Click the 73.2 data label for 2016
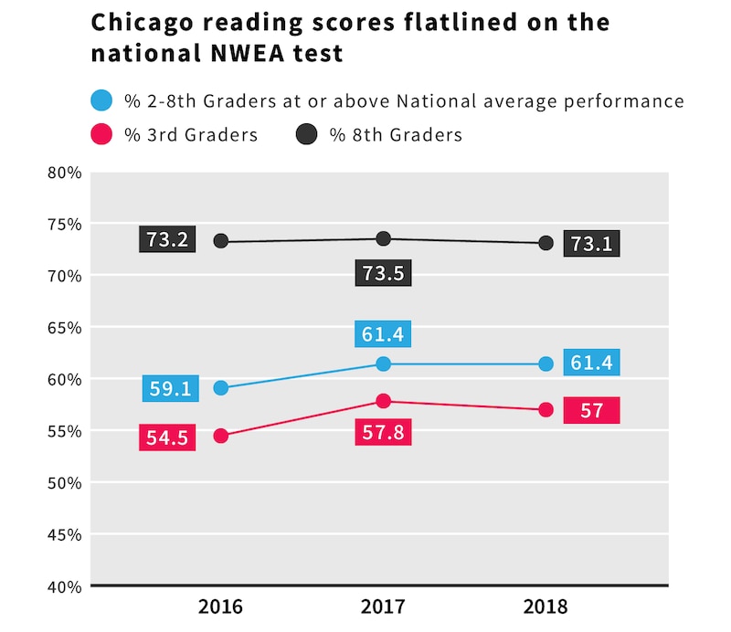point(166,240)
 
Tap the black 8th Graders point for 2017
point(384,238)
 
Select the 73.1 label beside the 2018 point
point(592,243)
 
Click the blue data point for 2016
point(221,388)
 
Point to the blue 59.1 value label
point(169,388)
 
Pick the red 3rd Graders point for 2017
point(384,401)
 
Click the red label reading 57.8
point(384,431)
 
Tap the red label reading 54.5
point(166,437)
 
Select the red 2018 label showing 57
point(592,410)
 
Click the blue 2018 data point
point(546,364)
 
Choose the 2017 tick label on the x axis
point(384,607)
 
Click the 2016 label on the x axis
point(221,607)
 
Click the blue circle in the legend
point(101,100)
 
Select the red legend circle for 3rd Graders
point(101,135)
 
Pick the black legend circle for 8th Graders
point(307,135)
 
